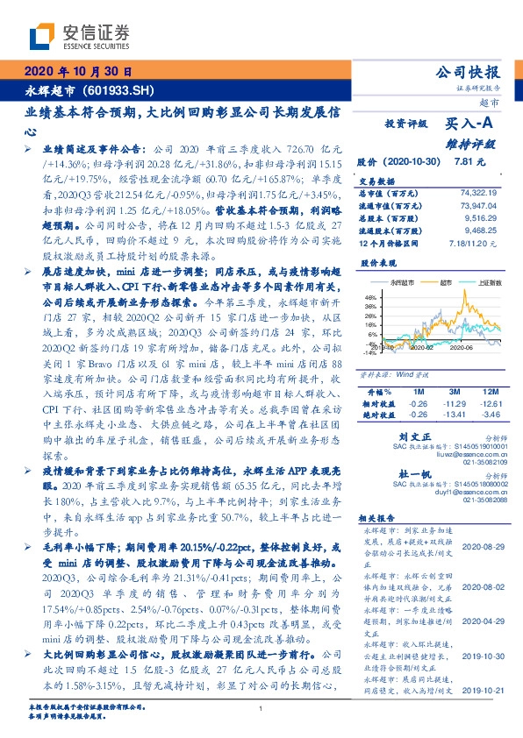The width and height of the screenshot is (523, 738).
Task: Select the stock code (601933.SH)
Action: pyautogui.click(x=118, y=89)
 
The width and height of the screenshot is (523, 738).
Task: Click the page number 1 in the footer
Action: pyautogui.click(x=261, y=708)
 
